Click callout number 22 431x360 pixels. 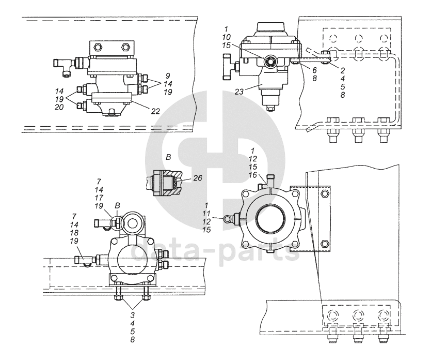click(x=155, y=111)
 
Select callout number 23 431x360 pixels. click(x=239, y=92)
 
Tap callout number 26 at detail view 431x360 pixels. click(x=197, y=178)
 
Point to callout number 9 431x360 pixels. click(x=168, y=76)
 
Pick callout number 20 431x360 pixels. click(x=59, y=107)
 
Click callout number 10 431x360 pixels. click(x=227, y=37)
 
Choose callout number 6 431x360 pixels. click(x=315, y=70)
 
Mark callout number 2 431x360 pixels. click(x=343, y=70)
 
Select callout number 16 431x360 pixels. click(x=252, y=175)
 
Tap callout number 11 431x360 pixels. click(x=206, y=213)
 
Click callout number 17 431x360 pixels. click(x=99, y=198)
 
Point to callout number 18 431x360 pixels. click(x=74, y=232)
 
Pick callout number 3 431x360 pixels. click(x=133, y=315)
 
